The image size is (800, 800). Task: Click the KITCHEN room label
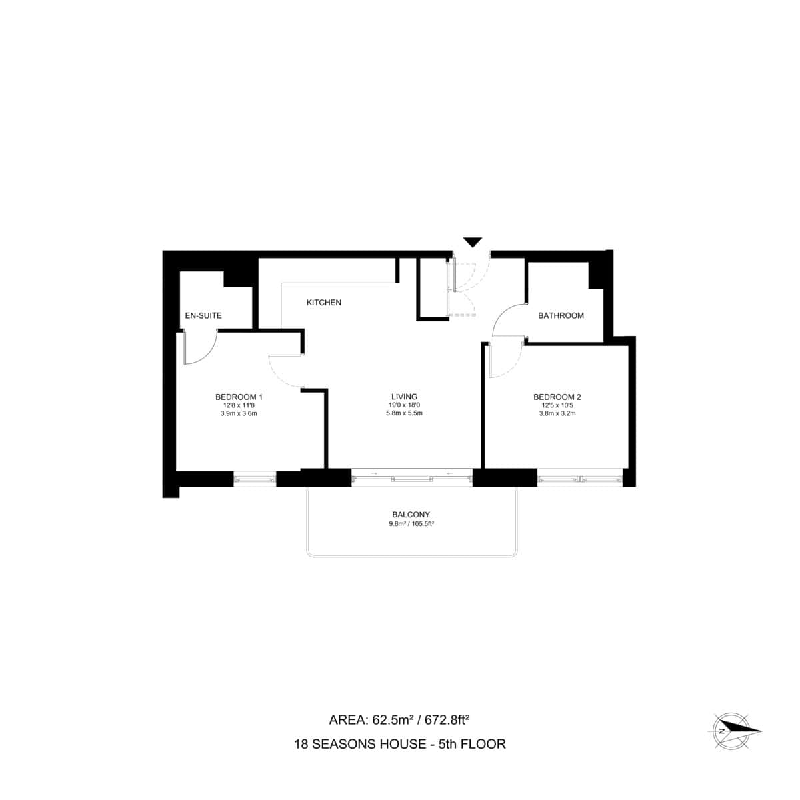(x=323, y=303)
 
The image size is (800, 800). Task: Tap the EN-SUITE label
(x=203, y=315)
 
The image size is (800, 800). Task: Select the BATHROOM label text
(x=561, y=315)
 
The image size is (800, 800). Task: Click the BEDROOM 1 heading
(x=239, y=397)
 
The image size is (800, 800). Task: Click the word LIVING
(x=404, y=397)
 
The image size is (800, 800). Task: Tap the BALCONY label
(x=411, y=515)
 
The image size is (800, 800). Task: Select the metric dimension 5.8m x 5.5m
(x=404, y=413)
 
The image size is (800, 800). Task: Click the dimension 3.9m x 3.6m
(x=239, y=413)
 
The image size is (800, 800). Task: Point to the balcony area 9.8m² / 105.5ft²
(x=411, y=524)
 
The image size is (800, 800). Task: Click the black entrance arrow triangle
(x=473, y=242)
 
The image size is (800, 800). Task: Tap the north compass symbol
(x=733, y=731)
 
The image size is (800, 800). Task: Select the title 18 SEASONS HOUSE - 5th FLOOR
(x=400, y=744)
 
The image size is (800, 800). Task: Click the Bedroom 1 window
(x=254, y=478)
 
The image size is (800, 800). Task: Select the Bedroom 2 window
(x=580, y=478)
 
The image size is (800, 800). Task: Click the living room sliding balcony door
(x=411, y=477)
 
